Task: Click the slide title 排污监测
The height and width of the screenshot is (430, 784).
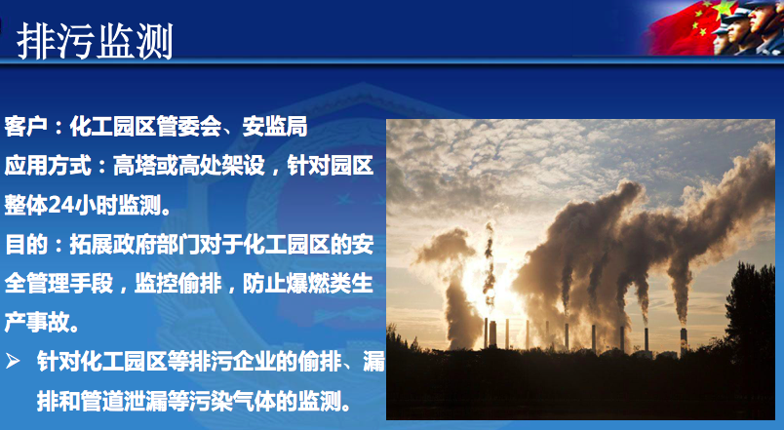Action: [95, 41]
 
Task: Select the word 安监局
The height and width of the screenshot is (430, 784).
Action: [275, 126]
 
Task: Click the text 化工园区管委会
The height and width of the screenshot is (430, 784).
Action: [145, 126]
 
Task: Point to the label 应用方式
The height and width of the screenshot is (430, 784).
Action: [48, 166]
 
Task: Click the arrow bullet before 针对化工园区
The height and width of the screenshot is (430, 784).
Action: [13, 361]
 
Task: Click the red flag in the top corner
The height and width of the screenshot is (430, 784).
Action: [685, 27]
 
